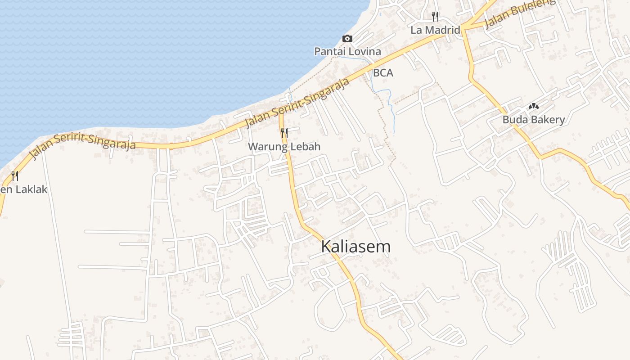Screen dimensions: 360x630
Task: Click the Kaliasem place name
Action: coord(355,247)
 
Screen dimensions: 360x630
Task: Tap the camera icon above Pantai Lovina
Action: coord(347,38)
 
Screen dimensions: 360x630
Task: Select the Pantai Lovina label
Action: coord(347,51)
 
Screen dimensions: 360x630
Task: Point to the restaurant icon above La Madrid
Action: coord(435,17)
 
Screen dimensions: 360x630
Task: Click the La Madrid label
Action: coord(435,30)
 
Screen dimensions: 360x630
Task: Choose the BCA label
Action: coord(383,73)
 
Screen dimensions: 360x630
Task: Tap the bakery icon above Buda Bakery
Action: coord(533,107)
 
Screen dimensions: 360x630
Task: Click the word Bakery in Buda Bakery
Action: coord(547,120)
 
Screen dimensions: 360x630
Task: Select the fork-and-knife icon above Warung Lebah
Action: coord(284,133)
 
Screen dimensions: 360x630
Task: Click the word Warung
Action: coord(268,146)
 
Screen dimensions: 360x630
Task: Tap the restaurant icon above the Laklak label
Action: coord(15,175)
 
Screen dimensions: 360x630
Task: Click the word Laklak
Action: coord(31,189)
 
